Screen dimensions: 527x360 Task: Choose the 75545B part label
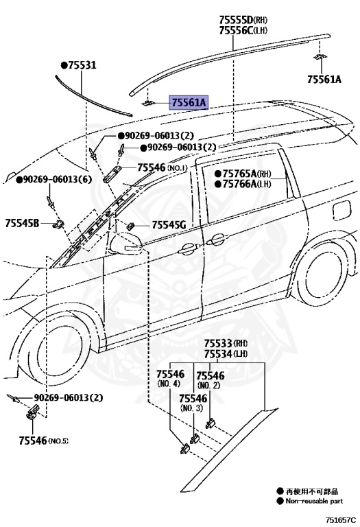(23, 222)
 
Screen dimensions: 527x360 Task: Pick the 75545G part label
(169, 224)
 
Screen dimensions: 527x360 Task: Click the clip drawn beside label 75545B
(60, 223)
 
